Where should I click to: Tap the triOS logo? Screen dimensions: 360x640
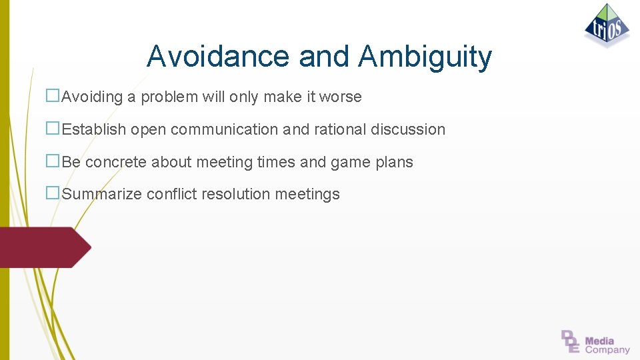pyautogui.click(x=607, y=26)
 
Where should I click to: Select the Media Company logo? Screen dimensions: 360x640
pyautogui.click(x=595, y=341)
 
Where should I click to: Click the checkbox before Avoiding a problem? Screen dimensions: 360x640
pyautogui.click(x=53, y=96)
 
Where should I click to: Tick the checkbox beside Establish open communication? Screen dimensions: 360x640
pyautogui.click(x=53, y=129)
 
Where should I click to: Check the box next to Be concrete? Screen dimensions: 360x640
pyautogui.click(x=53, y=161)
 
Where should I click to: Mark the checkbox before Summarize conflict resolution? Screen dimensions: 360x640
pyautogui.click(x=53, y=193)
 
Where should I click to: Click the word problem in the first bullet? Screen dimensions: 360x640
pyautogui.click(x=169, y=97)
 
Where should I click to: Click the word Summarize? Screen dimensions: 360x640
pyautogui.click(x=102, y=195)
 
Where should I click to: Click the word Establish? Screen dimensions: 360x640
pyautogui.click(x=94, y=129)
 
